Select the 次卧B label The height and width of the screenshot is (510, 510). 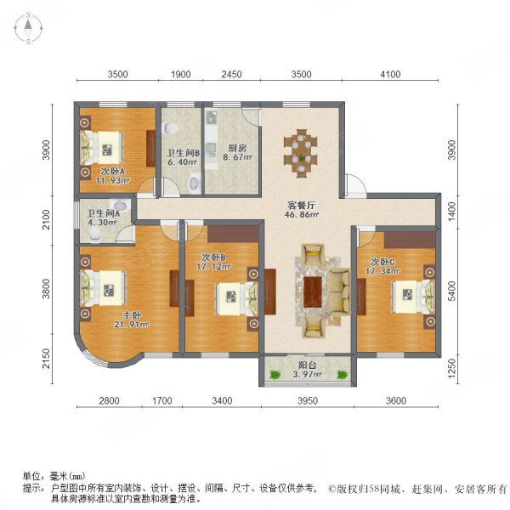tap(213, 260)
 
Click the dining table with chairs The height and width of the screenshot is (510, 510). tap(302, 151)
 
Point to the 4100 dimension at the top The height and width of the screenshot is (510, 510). tap(389, 76)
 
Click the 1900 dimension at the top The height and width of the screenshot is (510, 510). tap(180, 76)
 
